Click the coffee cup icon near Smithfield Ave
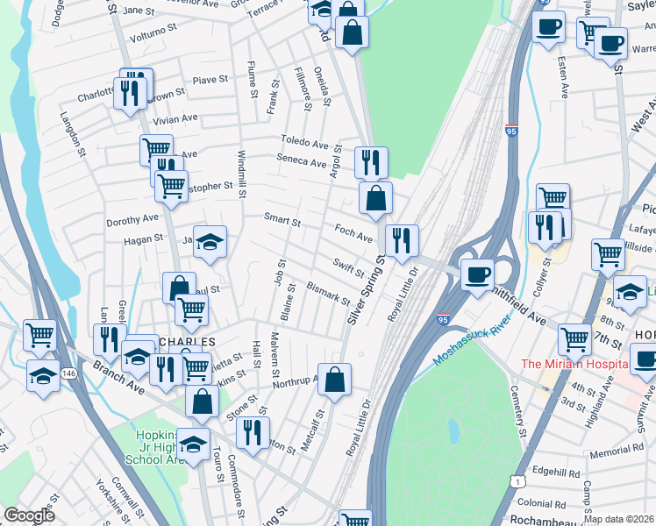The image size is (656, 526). point(477,276)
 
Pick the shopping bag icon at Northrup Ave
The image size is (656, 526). point(334,380)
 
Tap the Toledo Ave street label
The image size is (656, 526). point(304,141)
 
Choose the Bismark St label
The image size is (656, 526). point(329,293)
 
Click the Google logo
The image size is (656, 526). point(29,515)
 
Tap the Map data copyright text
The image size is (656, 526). point(617,519)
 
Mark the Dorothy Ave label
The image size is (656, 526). point(132,219)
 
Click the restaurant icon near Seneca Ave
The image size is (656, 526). point(371,162)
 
